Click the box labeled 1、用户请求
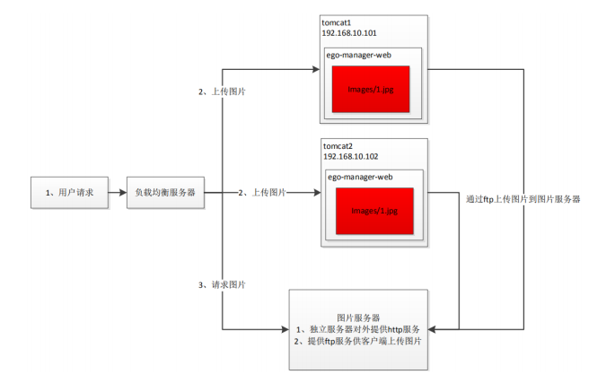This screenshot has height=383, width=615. pos(68,192)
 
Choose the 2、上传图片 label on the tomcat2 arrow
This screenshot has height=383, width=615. pos(263,192)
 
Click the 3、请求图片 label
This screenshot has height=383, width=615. pos(222,284)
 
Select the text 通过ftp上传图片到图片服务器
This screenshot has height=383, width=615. pos(523,199)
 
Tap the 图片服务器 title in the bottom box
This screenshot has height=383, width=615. pos(358,318)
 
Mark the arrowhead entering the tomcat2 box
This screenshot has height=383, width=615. pos(316,192)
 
